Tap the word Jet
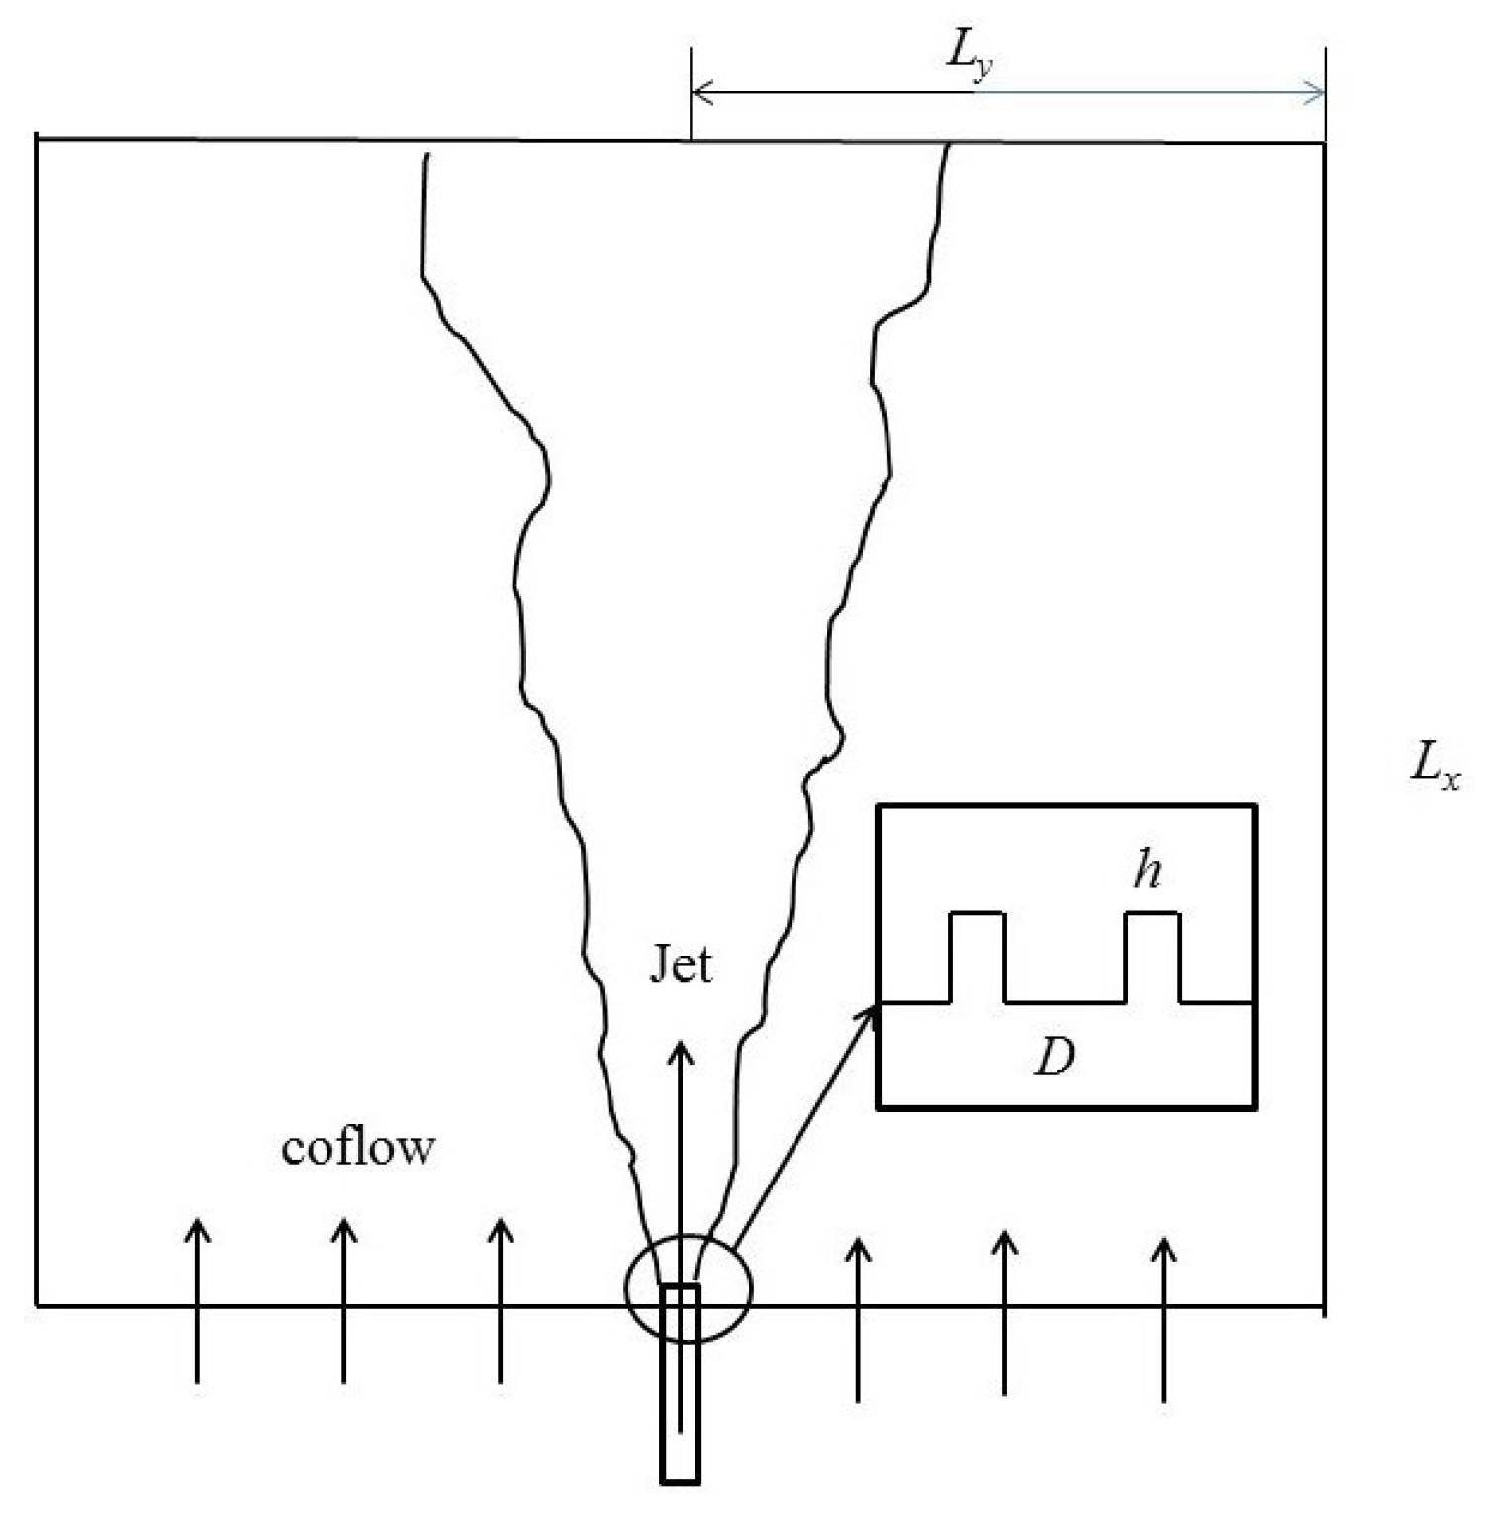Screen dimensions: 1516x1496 tap(681, 964)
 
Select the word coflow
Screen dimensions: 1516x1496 tap(358, 1148)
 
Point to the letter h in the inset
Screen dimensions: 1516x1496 tap(1147, 871)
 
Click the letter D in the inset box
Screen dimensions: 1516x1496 tap(1054, 1058)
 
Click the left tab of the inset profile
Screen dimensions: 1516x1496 tap(978, 955)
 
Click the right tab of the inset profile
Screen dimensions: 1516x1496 tap(1154, 955)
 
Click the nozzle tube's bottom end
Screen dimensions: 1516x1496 tap(681, 1479)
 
